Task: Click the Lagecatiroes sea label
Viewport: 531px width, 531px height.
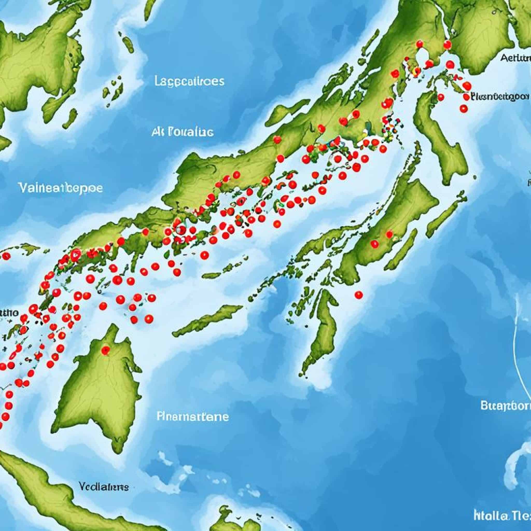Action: (x=189, y=81)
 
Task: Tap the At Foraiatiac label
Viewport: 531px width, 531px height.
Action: (x=182, y=132)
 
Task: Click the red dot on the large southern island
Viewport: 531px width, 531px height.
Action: (x=105, y=350)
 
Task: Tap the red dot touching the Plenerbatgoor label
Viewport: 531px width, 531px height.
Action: (x=466, y=96)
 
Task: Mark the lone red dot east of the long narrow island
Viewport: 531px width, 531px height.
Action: (x=359, y=295)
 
